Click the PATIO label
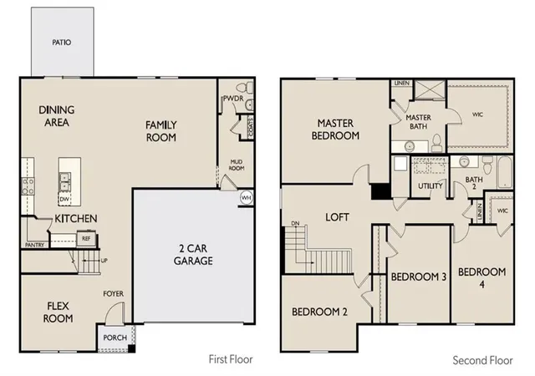click(x=62, y=43)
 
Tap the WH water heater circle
click(x=247, y=197)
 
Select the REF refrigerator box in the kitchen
click(x=86, y=238)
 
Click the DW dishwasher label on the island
click(x=64, y=199)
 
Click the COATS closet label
click(x=251, y=128)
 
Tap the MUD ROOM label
click(x=237, y=165)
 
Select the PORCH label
click(x=115, y=338)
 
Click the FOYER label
click(x=114, y=293)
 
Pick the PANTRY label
click(x=35, y=245)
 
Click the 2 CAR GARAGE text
click(x=193, y=255)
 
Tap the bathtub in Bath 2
click(x=505, y=172)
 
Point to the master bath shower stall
click(x=430, y=89)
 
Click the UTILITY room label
click(x=431, y=186)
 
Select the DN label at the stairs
click(x=295, y=223)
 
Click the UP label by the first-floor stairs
click(x=104, y=261)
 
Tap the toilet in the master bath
click(x=436, y=144)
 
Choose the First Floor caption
click(x=231, y=359)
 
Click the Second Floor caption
click(x=482, y=360)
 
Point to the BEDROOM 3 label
click(x=419, y=277)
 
